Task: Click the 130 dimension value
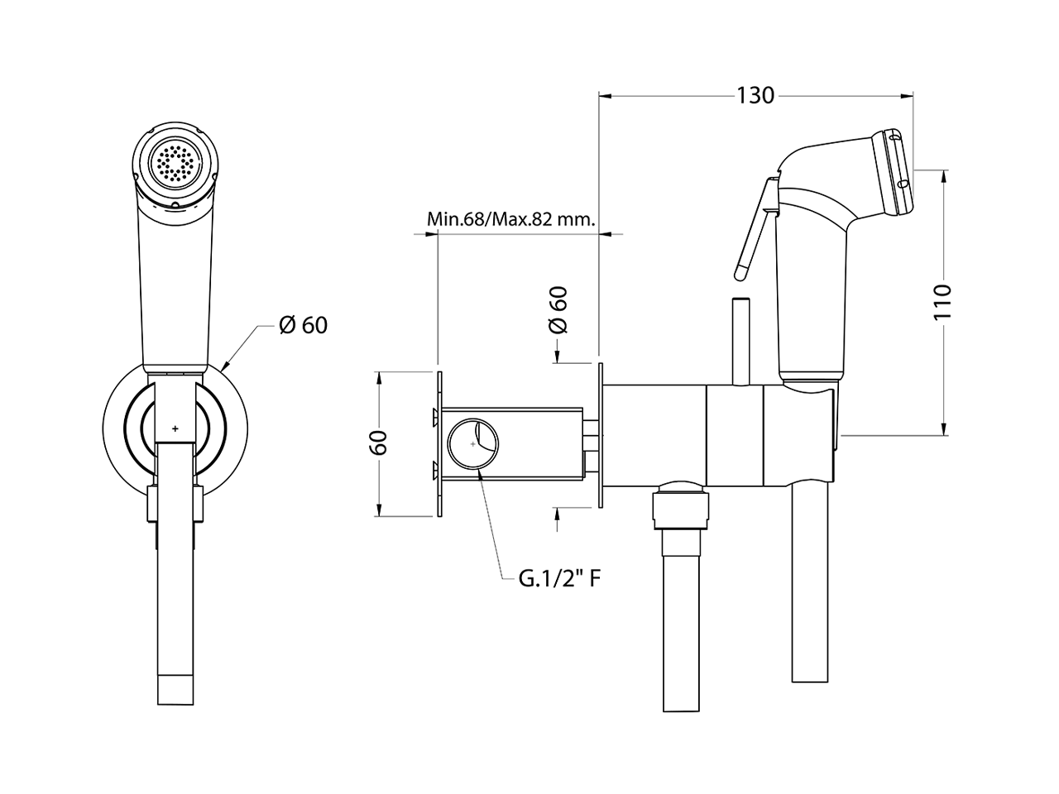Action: pos(755,95)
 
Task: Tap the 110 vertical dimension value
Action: pos(942,302)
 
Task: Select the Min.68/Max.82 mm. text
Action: pos(511,219)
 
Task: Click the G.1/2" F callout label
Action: pos(559,579)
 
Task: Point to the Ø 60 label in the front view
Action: pos(303,325)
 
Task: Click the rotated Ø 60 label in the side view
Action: pos(558,310)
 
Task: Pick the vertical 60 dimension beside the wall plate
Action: pos(378,442)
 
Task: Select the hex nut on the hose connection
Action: pos(681,505)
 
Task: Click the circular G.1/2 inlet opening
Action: pos(472,443)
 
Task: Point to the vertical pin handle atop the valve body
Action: pos(740,342)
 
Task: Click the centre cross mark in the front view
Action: pos(175,428)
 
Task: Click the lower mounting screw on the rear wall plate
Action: pos(436,471)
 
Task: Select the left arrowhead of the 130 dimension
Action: pos(606,96)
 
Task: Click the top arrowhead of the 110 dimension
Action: pos(944,177)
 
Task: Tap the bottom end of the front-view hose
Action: pos(175,705)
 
